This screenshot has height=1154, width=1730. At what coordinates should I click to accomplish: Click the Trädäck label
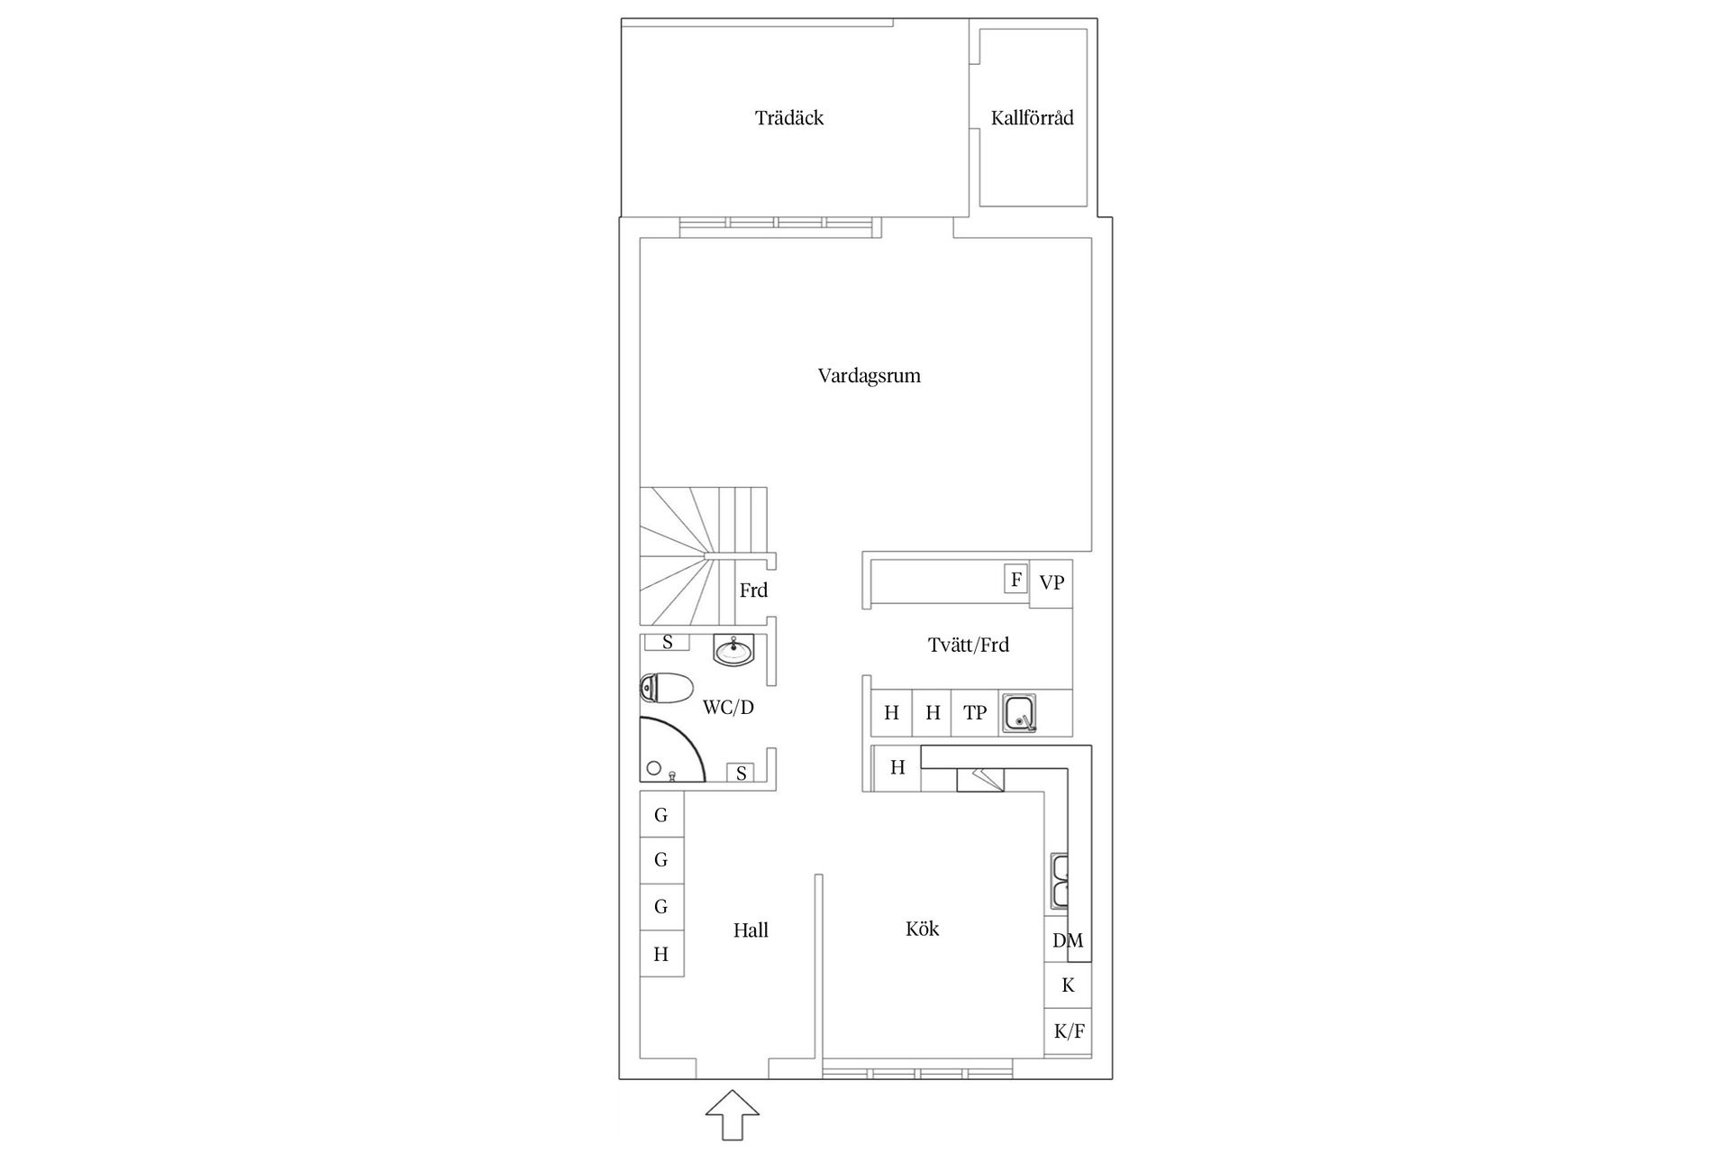click(x=789, y=118)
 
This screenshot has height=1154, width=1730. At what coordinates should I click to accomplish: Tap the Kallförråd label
click(x=1032, y=118)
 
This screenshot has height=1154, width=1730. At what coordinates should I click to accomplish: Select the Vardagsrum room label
click(x=870, y=376)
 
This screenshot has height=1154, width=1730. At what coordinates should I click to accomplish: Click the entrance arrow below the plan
click(x=732, y=1116)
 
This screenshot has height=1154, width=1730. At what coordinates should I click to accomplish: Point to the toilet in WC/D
click(x=666, y=688)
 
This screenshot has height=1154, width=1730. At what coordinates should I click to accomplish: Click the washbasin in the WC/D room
click(x=734, y=650)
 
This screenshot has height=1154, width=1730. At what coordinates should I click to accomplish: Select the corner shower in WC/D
click(x=671, y=748)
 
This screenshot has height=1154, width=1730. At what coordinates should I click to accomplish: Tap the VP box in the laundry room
click(x=1052, y=583)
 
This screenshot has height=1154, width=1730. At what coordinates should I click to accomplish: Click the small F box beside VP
click(x=1016, y=579)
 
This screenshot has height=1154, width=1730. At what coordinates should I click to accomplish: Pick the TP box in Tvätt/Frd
click(x=975, y=713)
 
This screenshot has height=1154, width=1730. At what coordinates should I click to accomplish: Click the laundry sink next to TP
click(x=1020, y=713)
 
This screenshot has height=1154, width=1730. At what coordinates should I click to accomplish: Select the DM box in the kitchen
click(x=1068, y=940)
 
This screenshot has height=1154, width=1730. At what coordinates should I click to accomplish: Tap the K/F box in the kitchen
click(x=1069, y=1031)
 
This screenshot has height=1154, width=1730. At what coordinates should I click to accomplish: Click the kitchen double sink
click(x=1059, y=882)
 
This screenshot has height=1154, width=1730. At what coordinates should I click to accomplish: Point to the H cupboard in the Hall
click(x=661, y=954)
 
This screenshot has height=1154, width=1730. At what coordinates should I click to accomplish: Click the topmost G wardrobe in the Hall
click(x=661, y=815)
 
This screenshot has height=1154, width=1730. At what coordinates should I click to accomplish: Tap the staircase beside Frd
click(x=703, y=556)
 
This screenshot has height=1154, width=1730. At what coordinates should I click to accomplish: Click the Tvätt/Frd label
click(x=969, y=646)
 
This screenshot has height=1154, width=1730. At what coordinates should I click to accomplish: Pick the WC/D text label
click(x=728, y=708)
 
